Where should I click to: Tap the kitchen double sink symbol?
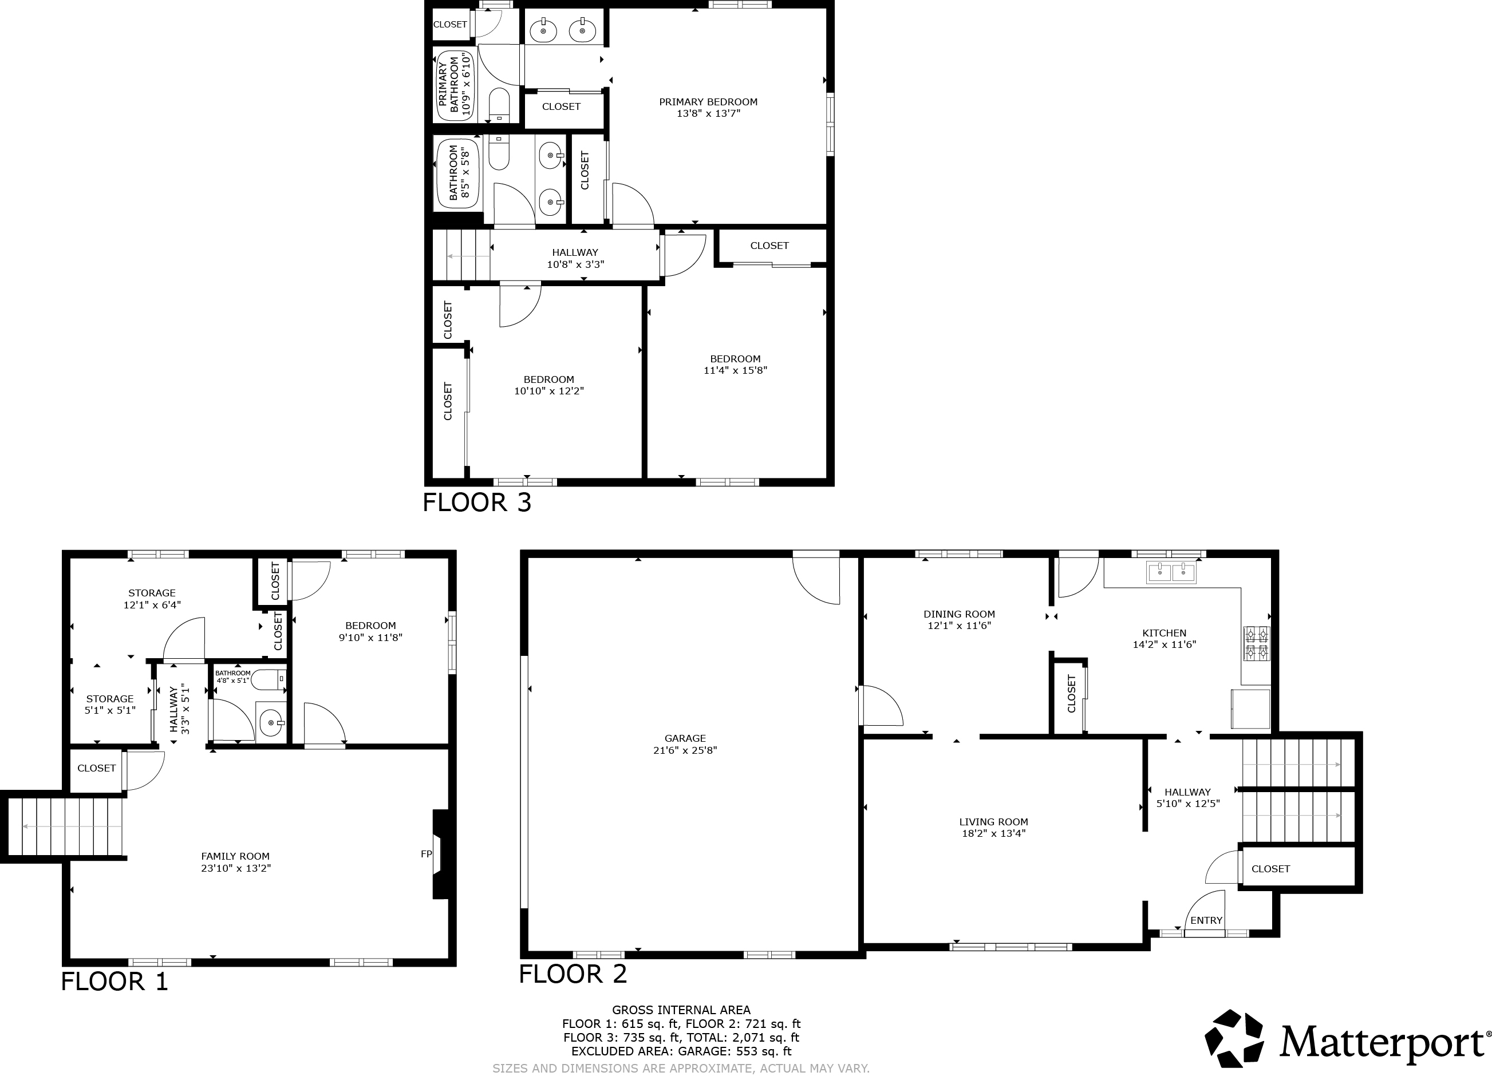click(x=1171, y=572)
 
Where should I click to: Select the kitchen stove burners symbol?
click(x=1256, y=643)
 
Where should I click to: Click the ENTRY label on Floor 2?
click(x=1206, y=920)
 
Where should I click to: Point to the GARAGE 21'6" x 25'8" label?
click(x=685, y=744)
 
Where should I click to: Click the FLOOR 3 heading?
click(x=476, y=503)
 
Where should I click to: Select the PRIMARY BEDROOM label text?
click(x=708, y=102)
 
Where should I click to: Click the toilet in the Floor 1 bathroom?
click(x=269, y=679)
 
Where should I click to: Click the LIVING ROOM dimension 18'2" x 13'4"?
click(x=993, y=833)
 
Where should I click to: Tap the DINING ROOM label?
click(x=959, y=614)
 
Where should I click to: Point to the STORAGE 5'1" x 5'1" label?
click(x=110, y=705)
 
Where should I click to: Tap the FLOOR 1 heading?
click(x=115, y=982)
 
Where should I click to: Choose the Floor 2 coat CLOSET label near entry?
click(x=1270, y=869)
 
